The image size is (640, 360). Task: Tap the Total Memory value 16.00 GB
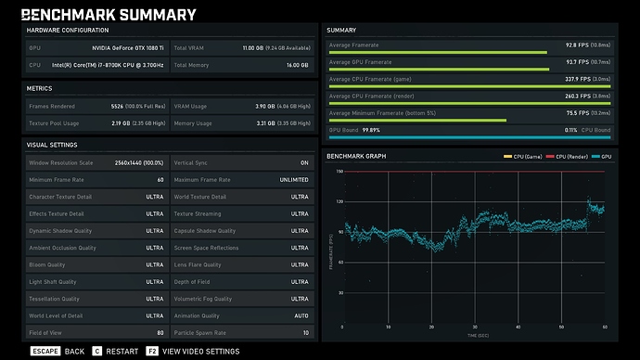[x=297, y=65]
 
